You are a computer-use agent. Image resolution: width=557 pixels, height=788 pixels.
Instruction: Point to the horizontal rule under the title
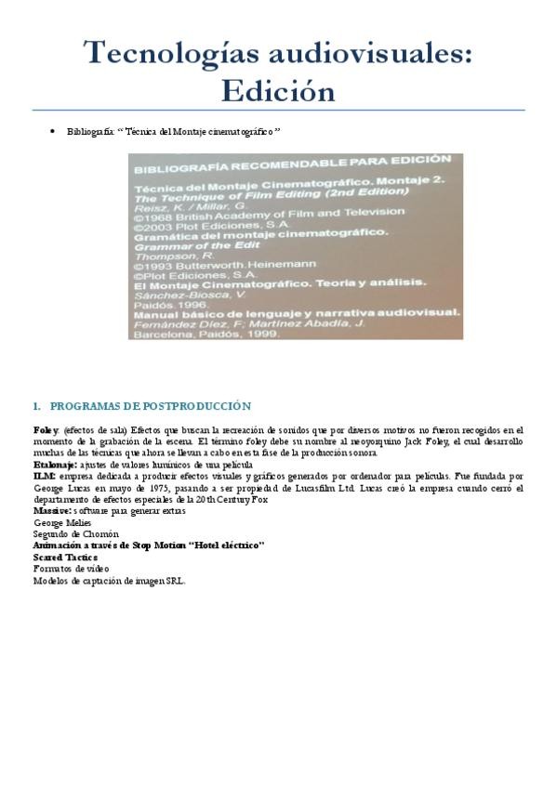coord(278,111)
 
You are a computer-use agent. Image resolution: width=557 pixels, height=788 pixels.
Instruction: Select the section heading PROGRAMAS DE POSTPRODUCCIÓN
coord(150,406)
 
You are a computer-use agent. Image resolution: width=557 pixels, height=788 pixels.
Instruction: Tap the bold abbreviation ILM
coord(43,476)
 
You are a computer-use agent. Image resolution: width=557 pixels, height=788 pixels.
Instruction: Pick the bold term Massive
coord(52,510)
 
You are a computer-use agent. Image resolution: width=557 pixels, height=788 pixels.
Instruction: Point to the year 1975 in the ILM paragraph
coord(155,487)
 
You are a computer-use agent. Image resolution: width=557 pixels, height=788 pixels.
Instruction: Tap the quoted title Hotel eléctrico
coord(220,545)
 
